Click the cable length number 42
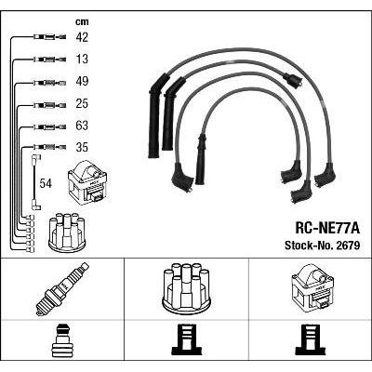click(82, 37)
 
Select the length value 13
click(82, 59)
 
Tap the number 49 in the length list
click(82, 81)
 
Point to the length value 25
click(82, 103)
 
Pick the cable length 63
click(82, 126)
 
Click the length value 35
click(82, 147)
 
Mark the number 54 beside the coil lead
click(46, 183)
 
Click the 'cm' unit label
click(82, 21)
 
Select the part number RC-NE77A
click(327, 229)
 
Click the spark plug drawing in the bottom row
click(62, 289)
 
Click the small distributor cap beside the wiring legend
click(67, 232)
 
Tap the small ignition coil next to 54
click(87, 183)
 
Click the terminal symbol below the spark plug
click(62, 340)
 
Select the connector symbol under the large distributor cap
click(186, 340)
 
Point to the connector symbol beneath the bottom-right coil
click(311, 340)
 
